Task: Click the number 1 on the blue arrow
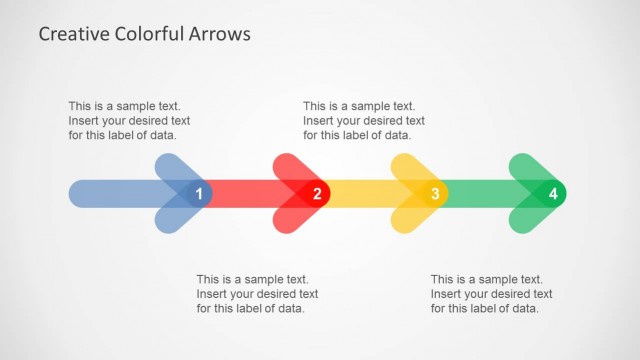[199, 193]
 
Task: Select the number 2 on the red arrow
[317, 193]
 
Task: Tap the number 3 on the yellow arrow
[435, 193]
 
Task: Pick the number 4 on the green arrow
[553, 193]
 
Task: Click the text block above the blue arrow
[128, 120]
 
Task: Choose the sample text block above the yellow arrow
[362, 120]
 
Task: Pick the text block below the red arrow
[257, 294]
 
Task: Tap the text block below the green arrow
[491, 294]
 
